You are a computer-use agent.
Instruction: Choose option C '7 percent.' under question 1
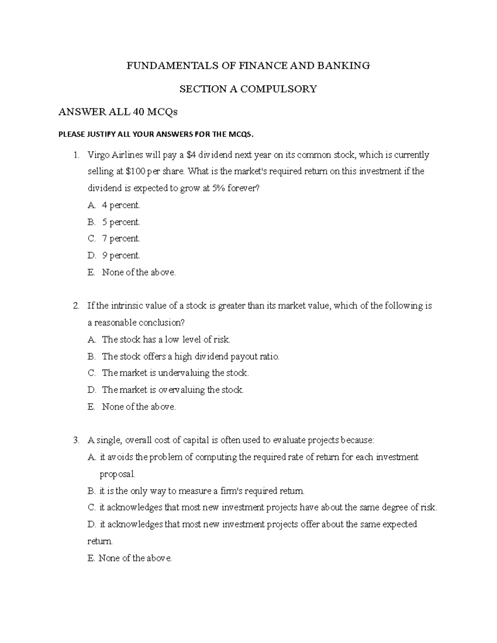(121, 239)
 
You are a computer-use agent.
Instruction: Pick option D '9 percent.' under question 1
(121, 256)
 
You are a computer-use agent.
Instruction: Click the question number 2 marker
(76, 306)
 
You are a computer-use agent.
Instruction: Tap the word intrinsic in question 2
(124, 306)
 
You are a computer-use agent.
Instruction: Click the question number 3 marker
(76, 441)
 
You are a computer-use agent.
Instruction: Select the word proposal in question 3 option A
(117, 474)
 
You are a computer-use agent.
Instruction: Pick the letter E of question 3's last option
(91, 558)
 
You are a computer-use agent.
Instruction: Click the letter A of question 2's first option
(91, 340)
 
